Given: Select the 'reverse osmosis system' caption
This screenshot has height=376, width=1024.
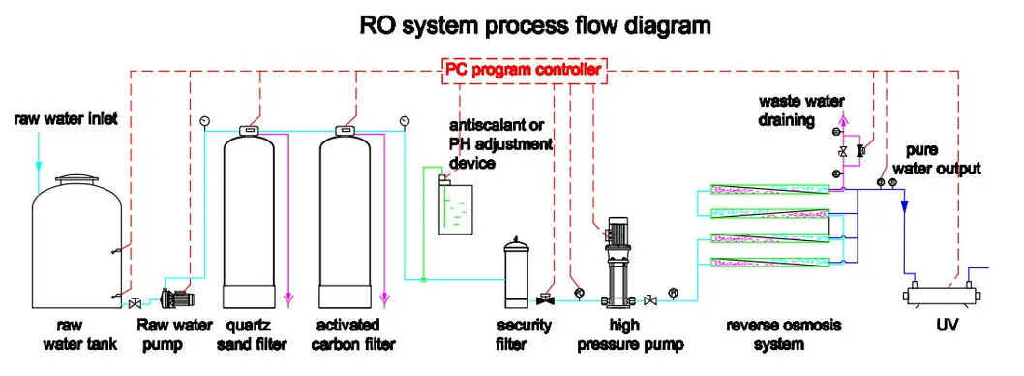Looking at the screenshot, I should point(770,334).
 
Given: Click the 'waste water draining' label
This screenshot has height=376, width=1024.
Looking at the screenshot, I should point(800,110).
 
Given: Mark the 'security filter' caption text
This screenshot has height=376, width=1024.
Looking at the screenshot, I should point(524,334).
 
